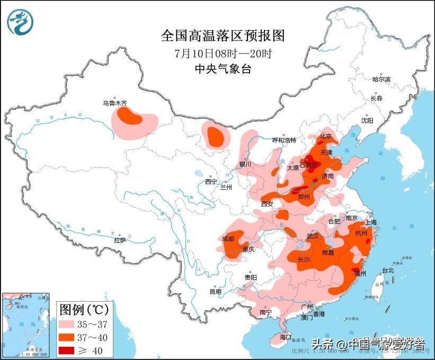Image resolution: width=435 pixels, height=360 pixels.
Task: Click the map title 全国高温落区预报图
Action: pos(223,36)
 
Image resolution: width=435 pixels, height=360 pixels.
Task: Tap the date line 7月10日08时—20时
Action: pos(223,54)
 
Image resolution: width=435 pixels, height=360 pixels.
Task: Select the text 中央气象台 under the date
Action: pos(223,69)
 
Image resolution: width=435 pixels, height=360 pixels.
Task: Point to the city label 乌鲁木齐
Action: pos(115,103)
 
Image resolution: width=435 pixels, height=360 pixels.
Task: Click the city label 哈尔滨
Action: pos(380,79)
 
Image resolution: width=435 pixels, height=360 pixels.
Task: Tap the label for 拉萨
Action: pos(120,240)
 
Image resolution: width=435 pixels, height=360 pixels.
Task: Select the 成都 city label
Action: pos(228,239)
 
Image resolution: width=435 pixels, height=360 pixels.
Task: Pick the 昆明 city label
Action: pos(215,292)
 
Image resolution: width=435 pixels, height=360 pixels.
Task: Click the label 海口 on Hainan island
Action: pos(286,337)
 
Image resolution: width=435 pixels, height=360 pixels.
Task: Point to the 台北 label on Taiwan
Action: pos(387,270)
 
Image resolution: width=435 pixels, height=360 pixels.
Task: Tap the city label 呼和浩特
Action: pos(284,140)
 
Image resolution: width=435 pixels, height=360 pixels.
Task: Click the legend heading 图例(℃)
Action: pos(84,308)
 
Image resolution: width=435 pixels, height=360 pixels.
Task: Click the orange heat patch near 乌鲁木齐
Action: pos(129,116)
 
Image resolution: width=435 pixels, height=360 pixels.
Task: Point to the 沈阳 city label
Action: pos(367,120)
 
